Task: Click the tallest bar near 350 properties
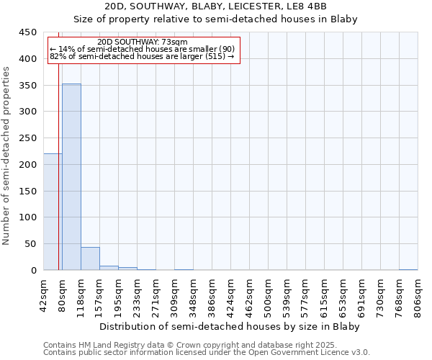71,177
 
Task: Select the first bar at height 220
53,212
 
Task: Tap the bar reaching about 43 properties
90,258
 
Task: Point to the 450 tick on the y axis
27,32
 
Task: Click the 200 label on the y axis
27,164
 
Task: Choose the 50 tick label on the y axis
30,244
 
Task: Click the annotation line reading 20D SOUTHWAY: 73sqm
142,42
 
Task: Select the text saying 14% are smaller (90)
142,49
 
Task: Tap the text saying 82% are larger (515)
142,56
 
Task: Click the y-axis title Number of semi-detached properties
7,156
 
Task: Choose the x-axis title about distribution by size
229,326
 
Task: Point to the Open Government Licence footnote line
207,352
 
